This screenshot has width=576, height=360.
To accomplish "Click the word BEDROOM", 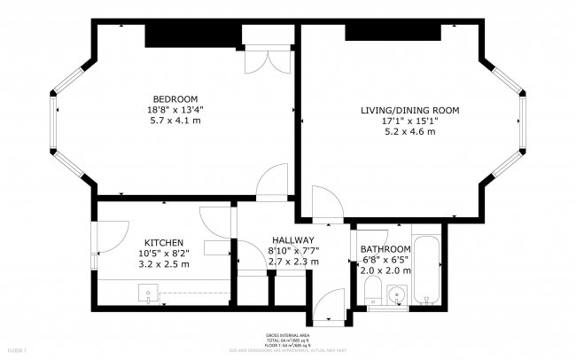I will coord(175,98).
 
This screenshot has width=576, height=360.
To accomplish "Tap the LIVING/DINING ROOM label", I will coord(409,110).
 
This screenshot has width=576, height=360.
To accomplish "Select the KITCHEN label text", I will coord(164,242).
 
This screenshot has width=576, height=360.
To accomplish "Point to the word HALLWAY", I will coord(292,240).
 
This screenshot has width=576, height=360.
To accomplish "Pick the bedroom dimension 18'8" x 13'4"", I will coord(175,109).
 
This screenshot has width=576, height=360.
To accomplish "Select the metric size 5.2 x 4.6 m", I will coord(409,131).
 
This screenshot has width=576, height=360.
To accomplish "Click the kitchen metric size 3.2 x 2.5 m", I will coord(164,263).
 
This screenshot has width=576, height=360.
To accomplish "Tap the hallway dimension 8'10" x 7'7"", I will coord(292,251).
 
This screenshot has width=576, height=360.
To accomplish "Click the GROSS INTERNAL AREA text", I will coord(287,336).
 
